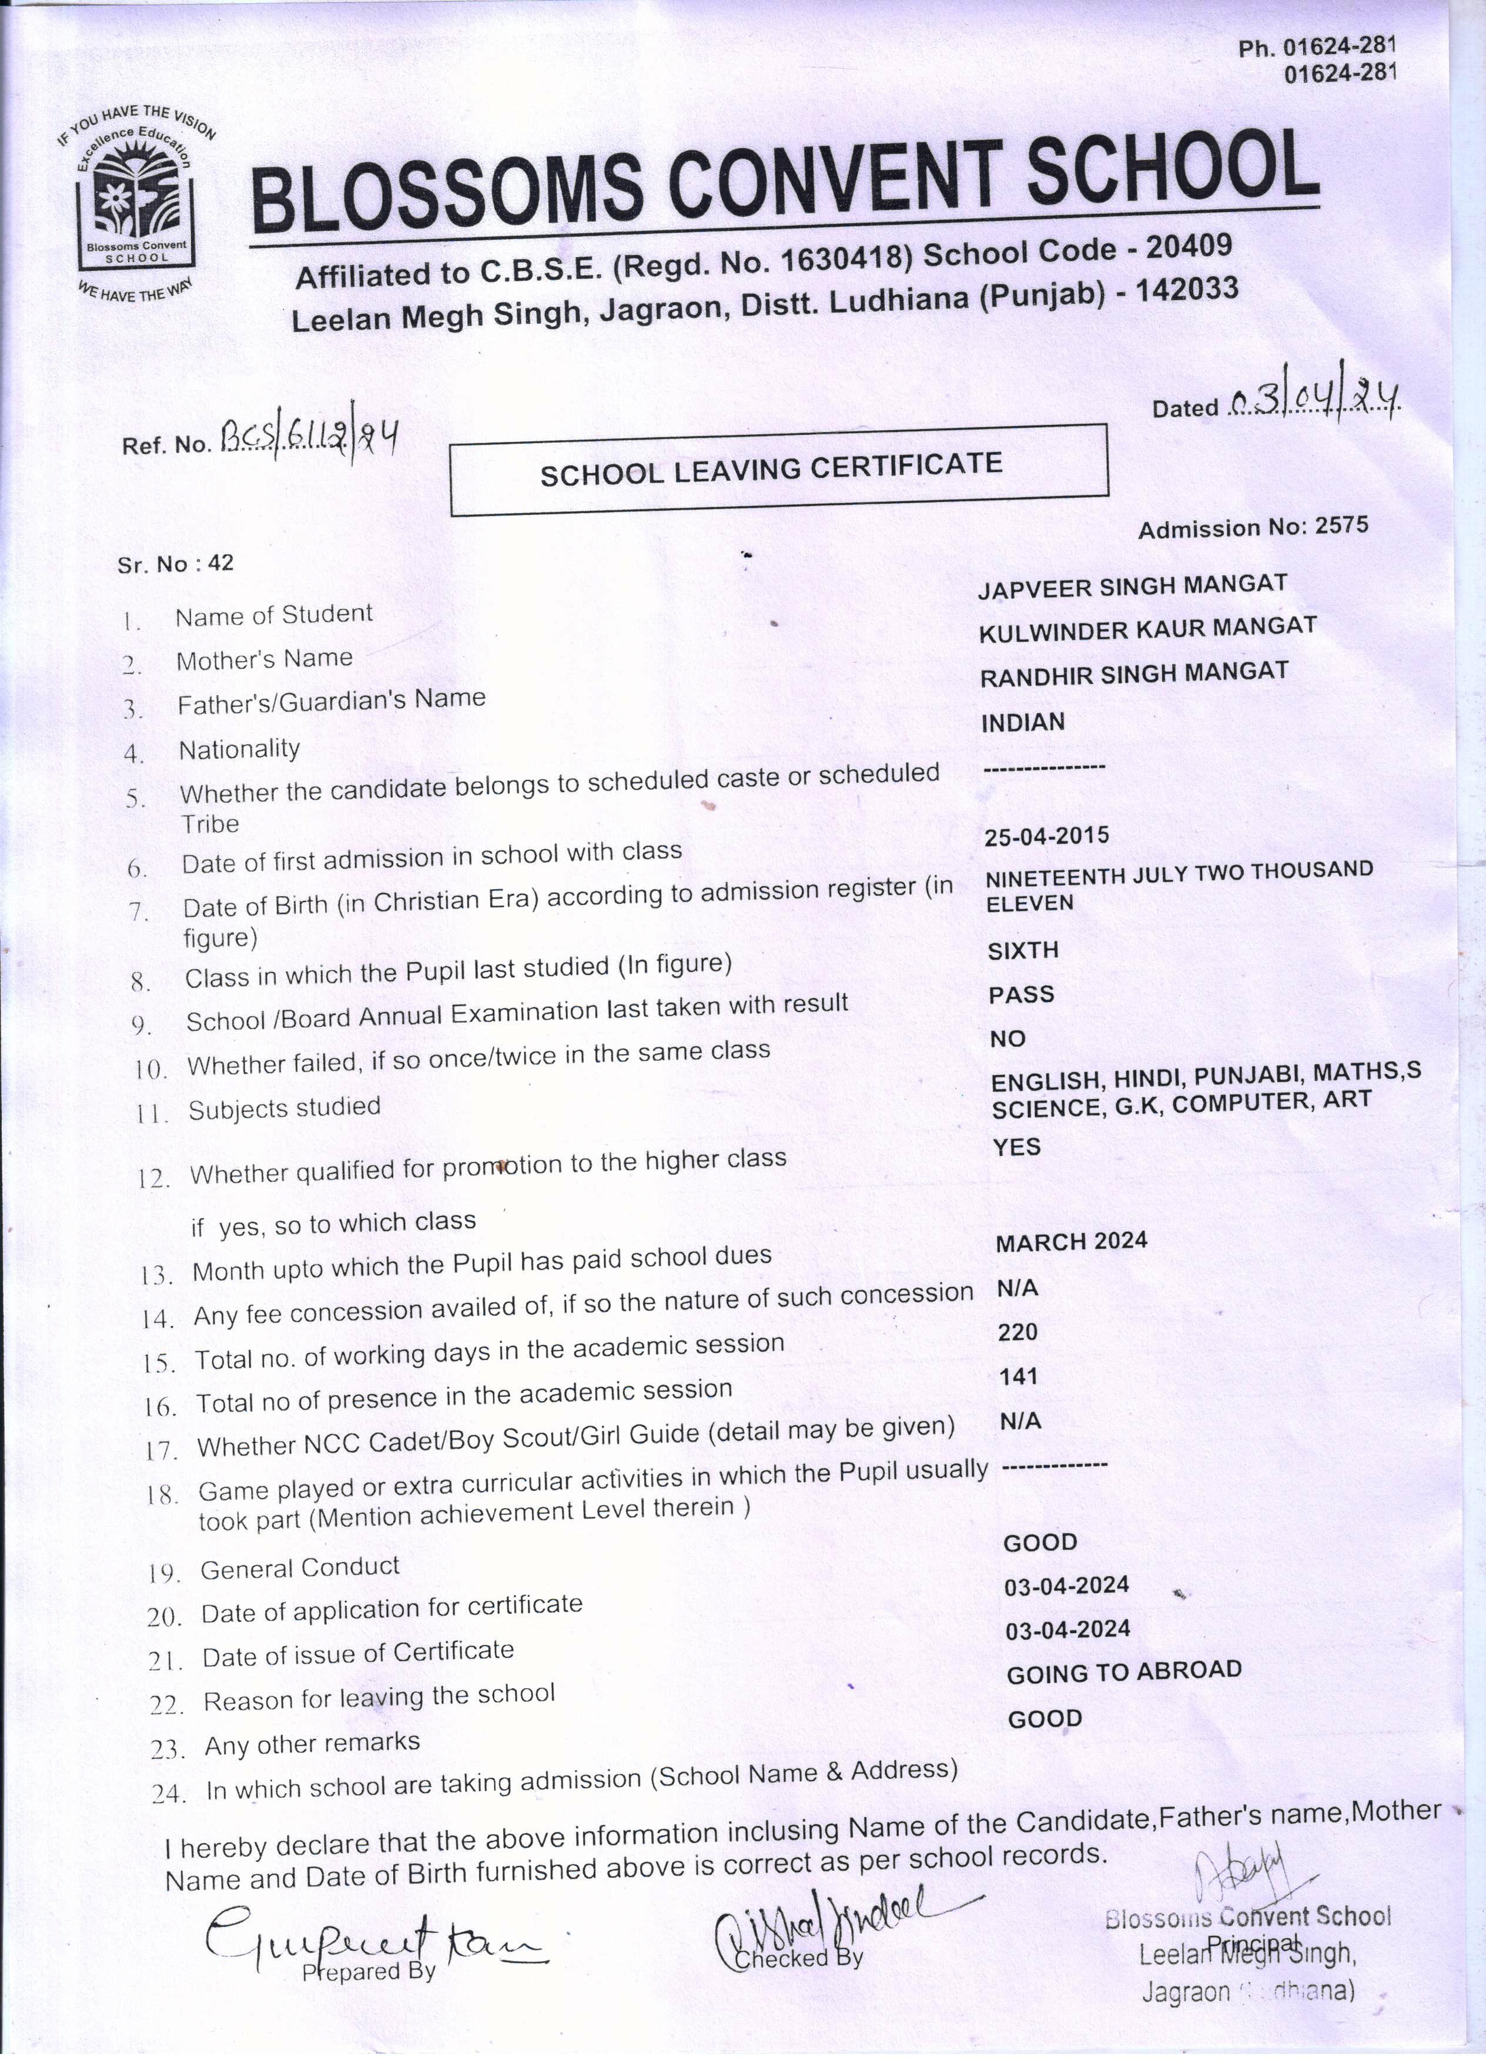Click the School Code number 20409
pos(1188,246)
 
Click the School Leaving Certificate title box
pos(779,469)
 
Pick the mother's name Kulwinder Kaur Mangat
pos(1147,629)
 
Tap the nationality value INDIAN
pos(1022,722)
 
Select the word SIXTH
pos(1023,950)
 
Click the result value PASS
pos(1022,994)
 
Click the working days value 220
pos(1017,1332)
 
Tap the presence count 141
pos(1018,1377)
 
